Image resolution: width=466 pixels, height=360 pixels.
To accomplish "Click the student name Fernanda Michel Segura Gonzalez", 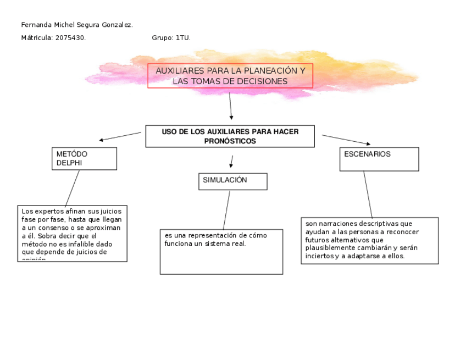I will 76,25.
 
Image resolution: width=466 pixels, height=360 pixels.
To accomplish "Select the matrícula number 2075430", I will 70,38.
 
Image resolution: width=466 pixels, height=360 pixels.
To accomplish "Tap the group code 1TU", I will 182,38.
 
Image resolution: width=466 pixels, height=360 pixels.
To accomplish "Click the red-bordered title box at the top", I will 230,76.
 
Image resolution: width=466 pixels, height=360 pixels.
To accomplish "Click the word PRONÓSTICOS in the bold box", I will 230,141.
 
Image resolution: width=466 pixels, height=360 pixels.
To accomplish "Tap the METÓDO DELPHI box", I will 84,158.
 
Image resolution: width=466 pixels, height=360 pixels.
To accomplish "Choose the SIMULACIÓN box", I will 232,181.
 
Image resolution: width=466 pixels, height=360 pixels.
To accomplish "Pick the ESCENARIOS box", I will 379,159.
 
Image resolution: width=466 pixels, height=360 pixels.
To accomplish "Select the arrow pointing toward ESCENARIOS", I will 346,140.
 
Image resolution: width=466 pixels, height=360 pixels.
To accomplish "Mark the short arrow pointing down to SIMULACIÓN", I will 231,162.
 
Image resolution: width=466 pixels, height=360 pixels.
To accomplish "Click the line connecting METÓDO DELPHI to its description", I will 72,188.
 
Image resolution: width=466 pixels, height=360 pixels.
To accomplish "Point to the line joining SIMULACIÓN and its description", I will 226,210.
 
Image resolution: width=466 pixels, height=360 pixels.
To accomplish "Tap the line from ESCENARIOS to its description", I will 368,195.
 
